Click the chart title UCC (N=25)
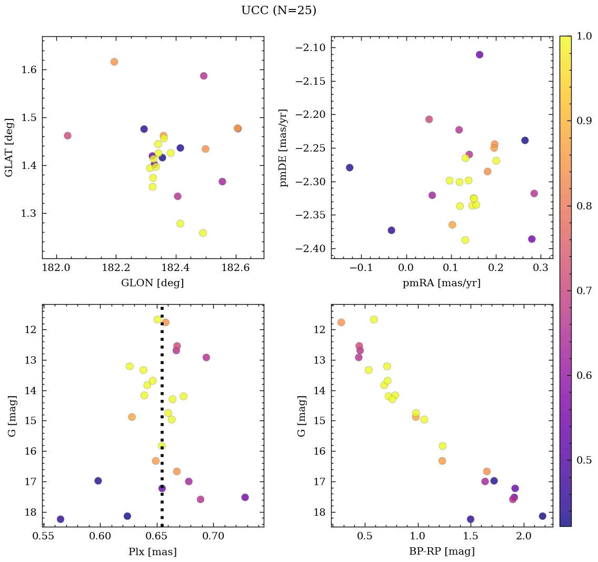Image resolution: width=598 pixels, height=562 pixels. pyautogui.click(x=278, y=11)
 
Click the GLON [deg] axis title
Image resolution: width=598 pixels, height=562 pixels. pyautogui.click(x=152, y=283)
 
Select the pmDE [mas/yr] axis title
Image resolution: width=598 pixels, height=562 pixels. pyautogui.click(x=284, y=147)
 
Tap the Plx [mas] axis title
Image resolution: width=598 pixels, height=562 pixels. pyautogui.click(x=152, y=551)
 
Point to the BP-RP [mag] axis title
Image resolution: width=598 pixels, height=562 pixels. pyautogui.click(x=442, y=551)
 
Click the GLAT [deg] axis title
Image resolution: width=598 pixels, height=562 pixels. pyautogui.click(x=9, y=147)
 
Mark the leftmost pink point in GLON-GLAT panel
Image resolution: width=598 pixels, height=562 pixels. pyautogui.click(x=67, y=136)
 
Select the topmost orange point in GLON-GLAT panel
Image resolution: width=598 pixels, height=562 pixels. pyautogui.click(x=114, y=62)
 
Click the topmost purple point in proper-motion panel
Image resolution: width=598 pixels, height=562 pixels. pyautogui.click(x=480, y=55)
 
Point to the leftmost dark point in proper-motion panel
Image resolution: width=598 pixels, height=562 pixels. pyautogui.click(x=350, y=167)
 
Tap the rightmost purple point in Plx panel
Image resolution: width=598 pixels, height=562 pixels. pyautogui.click(x=245, y=497)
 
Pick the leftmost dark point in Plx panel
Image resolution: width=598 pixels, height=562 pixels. pyautogui.click(x=61, y=519)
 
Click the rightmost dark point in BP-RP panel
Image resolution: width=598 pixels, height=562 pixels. pyautogui.click(x=542, y=516)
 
